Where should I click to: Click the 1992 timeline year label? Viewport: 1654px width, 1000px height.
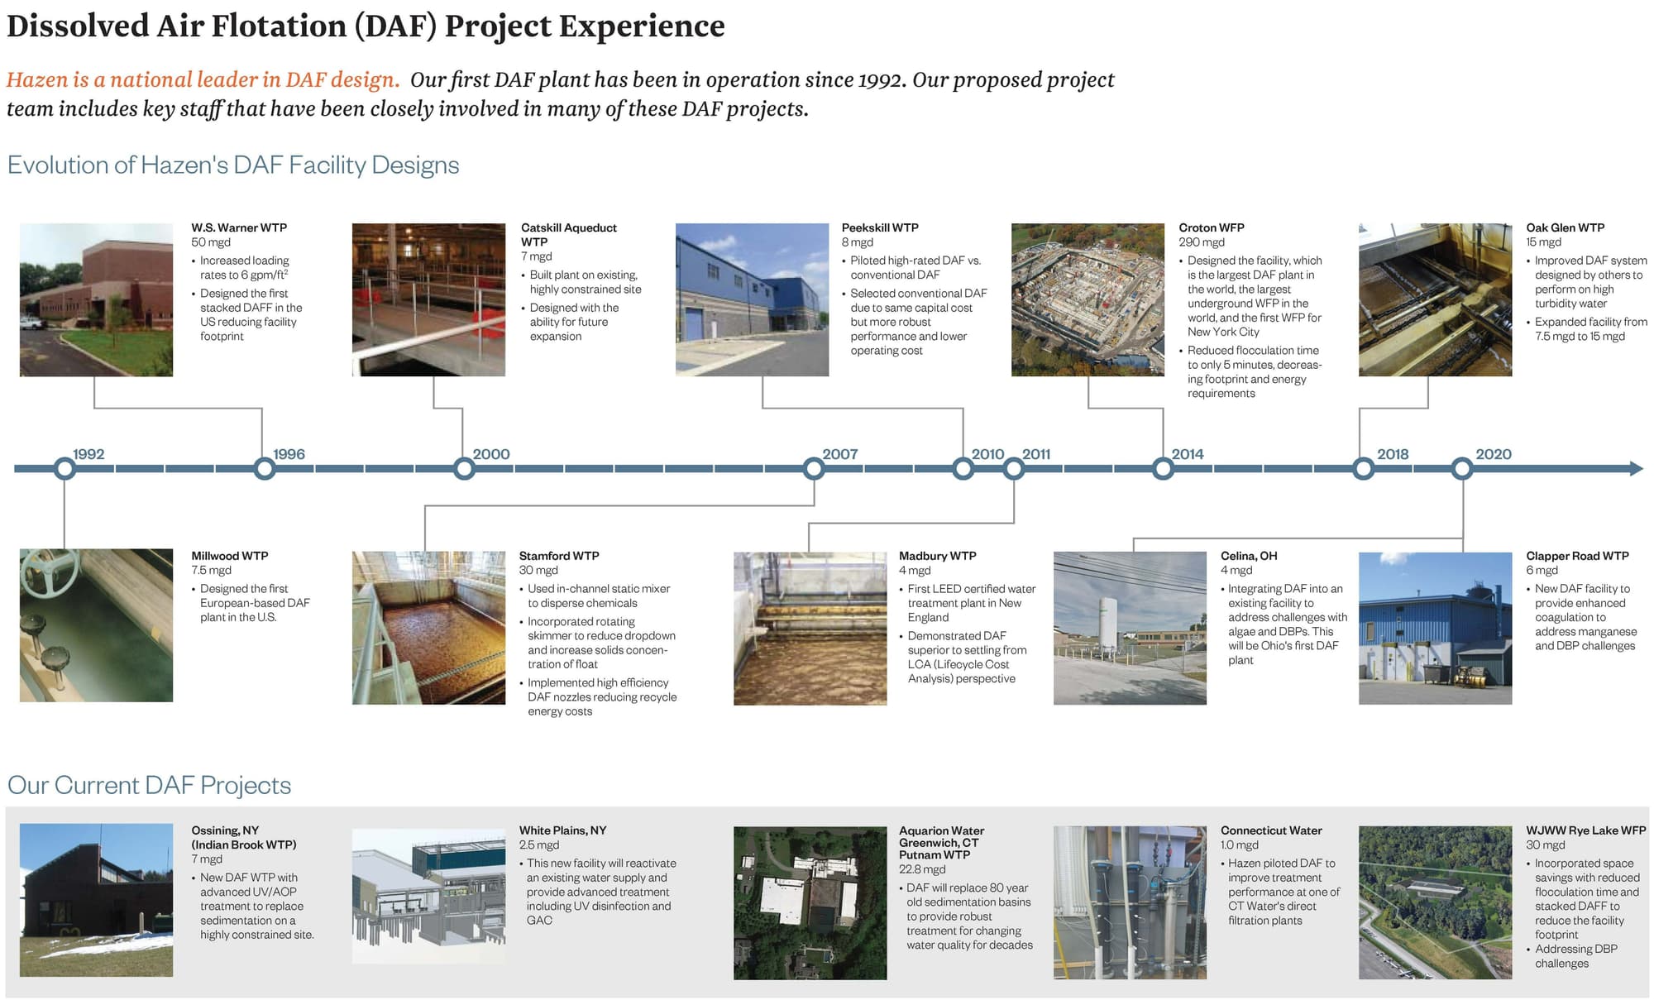tap(88, 454)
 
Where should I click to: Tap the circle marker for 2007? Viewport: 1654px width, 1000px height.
tap(814, 469)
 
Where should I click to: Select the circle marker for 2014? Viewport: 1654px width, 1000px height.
tap(1163, 469)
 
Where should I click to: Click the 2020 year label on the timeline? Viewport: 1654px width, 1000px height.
tap(1493, 454)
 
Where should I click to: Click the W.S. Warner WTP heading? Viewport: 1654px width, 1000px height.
tap(239, 227)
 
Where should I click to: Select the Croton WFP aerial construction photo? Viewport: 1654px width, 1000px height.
tap(1088, 299)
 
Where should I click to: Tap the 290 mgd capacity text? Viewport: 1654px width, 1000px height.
tap(1201, 242)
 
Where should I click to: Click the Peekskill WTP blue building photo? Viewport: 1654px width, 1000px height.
tap(752, 299)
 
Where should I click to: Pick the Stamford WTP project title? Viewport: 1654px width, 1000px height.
tap(559, 556)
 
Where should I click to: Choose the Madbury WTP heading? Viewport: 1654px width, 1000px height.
tap(937, 556)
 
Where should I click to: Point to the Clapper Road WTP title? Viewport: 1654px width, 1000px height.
tap(1577, 556)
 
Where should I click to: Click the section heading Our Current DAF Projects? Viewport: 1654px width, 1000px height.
tap(149, 785)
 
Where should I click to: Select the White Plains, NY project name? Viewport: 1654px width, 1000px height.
tap(562, 830)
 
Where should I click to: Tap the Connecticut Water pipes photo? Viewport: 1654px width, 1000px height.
tap(1130, 902)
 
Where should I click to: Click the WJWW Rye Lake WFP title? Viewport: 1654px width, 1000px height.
tap(1585, 830)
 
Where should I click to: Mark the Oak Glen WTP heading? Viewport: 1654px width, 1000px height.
tap(1565, 227)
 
